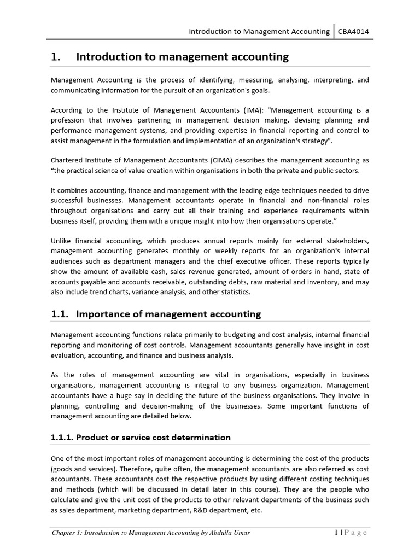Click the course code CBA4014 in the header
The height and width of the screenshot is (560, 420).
[x=353, y=31]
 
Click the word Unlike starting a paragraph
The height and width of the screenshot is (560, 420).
[x=62, y=241]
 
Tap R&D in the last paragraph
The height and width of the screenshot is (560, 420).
[x=191, y=510]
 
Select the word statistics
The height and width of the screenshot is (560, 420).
[x=234, y=291]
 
